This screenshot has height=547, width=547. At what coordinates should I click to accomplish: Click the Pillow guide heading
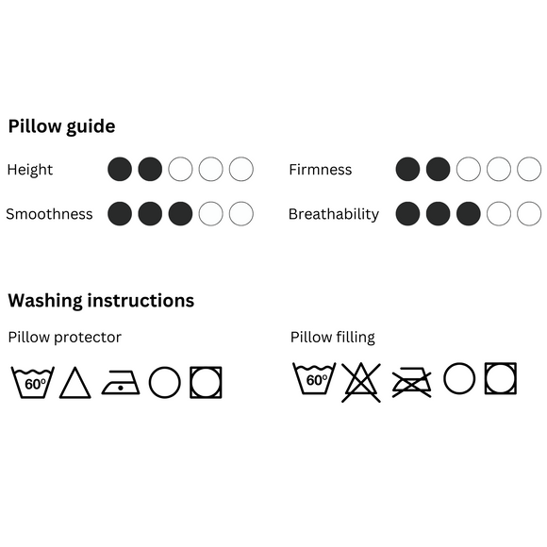(61, 126)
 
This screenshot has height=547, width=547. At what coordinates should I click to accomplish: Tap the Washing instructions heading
(101, 301)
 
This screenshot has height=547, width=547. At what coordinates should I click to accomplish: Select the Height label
(30, 170)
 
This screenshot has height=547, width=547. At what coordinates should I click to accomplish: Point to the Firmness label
(321, 170)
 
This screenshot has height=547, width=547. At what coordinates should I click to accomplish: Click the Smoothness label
(49, 214)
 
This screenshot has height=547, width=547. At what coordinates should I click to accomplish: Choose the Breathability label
(334, 214)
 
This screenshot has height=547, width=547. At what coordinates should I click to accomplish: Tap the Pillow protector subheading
(65, 338)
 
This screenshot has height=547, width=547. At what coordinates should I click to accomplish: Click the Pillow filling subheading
(333, 338)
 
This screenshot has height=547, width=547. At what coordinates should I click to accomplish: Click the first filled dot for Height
(120, 169)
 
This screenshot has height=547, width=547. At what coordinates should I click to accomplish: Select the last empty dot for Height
(241, 169)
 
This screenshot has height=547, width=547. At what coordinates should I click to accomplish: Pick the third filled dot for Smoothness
(180, 213)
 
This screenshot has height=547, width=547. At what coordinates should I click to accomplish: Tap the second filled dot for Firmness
(438, 169)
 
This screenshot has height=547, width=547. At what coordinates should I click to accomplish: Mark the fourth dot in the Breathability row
(499, 213)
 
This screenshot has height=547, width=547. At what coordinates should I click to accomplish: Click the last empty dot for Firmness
(529, 169)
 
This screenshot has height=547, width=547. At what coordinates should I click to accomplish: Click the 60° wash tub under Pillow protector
(33, 382)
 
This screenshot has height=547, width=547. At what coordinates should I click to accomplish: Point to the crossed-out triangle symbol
(361, 382)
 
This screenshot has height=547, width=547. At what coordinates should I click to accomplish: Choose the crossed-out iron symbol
(411, 382)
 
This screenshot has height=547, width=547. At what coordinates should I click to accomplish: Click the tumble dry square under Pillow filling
(486, 378)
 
